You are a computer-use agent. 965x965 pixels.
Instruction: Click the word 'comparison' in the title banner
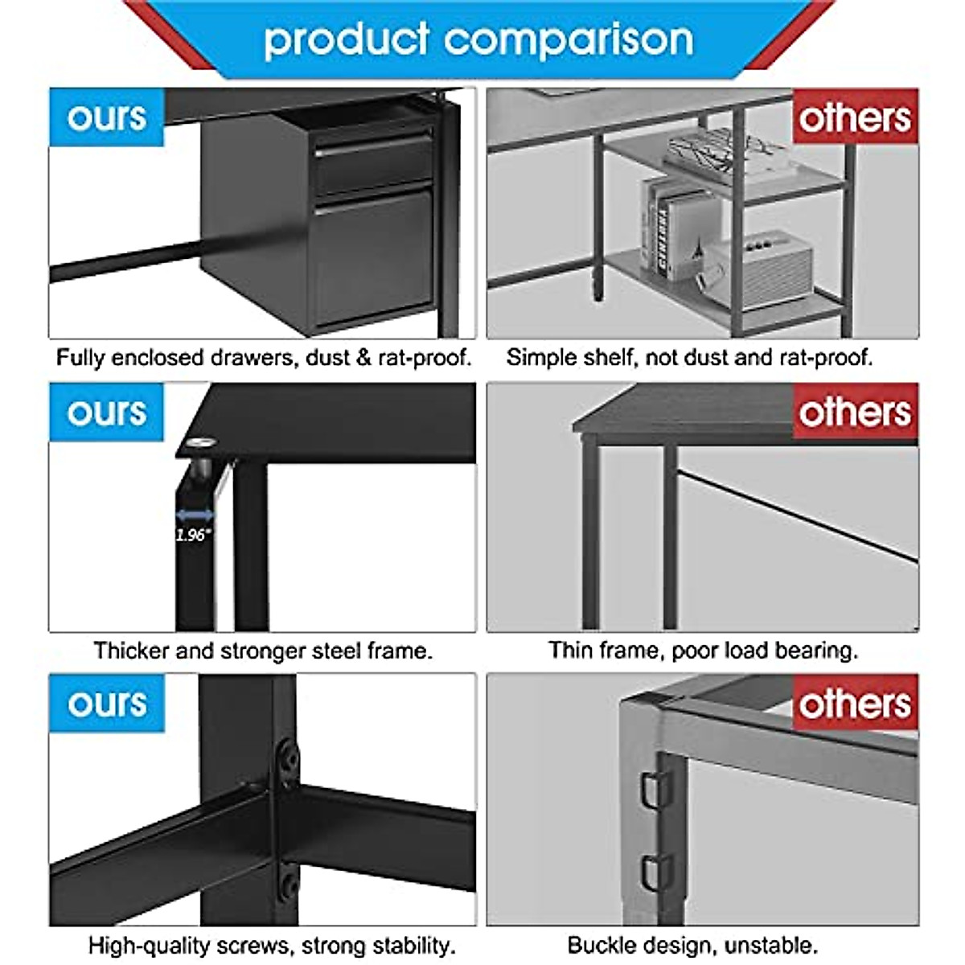coord(569,40)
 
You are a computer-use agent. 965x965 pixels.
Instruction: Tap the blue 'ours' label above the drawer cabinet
coord(107,117)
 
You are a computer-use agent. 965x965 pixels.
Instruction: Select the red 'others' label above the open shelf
coord(855,117)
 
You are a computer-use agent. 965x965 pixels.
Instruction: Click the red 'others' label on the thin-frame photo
coord(855,412)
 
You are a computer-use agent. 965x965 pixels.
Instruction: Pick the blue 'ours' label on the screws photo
coord(107,704)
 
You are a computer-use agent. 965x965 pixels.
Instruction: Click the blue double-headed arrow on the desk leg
coord(195,515)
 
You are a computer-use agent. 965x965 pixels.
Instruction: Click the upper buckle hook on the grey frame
coord(655,790)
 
